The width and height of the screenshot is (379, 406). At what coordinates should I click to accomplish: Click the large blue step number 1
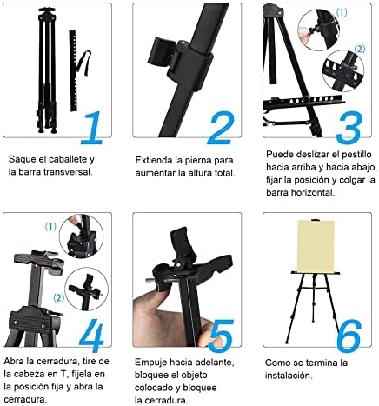pos(92,128)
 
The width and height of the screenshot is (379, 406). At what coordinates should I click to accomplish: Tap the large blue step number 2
pos(221,128)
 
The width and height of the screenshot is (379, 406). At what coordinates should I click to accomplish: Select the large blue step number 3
pos(349,128)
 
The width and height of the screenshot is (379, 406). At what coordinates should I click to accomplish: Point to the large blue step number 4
pos(92,336)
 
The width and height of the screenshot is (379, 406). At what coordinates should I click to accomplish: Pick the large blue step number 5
pos(222,336)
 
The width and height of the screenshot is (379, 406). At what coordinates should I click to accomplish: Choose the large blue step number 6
pos(349,336)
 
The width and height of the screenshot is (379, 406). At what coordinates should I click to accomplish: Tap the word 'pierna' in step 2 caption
pos(197,161)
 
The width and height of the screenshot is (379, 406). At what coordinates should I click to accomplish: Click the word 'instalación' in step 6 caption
pos(288,376)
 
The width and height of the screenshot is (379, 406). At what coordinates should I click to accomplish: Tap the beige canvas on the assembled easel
pos(316,246)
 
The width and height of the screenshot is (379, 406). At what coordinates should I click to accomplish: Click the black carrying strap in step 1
pos(85,63)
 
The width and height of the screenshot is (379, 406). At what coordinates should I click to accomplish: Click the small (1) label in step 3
pos(342,12)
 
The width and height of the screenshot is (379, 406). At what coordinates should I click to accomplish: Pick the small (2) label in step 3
pos(360,50)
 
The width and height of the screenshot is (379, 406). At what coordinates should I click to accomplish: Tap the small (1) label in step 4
pos(50,227)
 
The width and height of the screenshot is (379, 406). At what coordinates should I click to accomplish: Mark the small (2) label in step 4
pos(58,297)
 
